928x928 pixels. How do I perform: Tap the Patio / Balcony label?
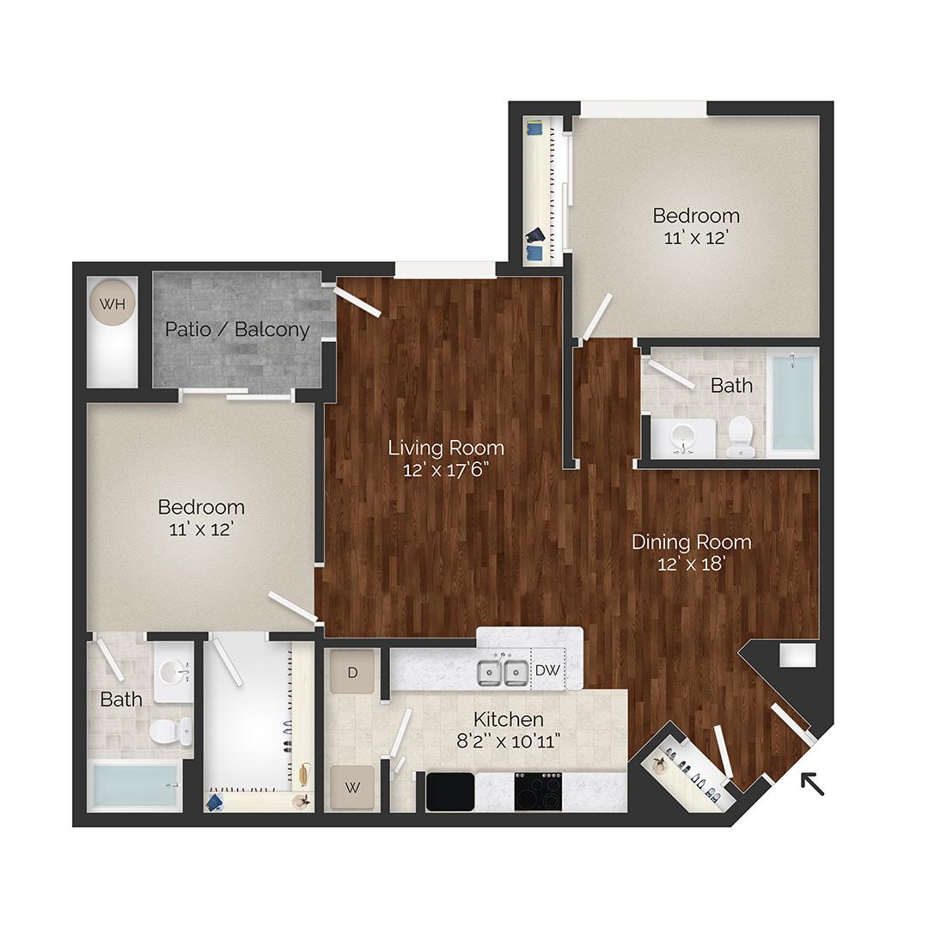point(237,329)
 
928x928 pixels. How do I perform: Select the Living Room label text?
point(446,448)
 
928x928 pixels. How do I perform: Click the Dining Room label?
point(691,542)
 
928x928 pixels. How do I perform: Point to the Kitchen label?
point(508,719)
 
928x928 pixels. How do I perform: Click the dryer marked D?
point(351,671)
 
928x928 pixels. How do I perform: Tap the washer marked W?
point(351,787)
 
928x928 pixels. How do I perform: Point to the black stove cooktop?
point(538,791)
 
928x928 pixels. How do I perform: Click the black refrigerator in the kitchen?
point(450,791)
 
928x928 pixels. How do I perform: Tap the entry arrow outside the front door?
point(811,784)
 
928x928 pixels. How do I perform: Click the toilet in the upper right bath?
point(740,437)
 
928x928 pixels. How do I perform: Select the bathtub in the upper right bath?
point(792,402)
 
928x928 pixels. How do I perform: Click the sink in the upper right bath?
point(684,437)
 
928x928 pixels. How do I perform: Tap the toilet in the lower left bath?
point(170,732)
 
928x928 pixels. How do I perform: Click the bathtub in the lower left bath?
point(136,785)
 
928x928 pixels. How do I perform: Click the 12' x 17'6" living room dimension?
point(446,470)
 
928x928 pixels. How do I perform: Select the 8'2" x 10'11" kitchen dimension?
point(508,741)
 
